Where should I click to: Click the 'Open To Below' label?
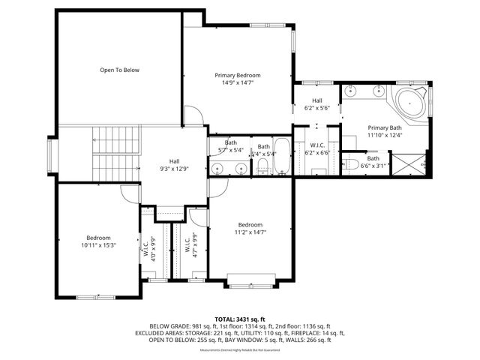(120, 70)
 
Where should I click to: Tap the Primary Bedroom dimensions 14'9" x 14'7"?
(237, 82)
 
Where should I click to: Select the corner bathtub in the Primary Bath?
(409, 102)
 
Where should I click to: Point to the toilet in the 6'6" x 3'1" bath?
(352, 164)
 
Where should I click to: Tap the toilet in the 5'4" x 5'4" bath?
(262, 167)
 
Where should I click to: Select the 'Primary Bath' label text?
(385, 127)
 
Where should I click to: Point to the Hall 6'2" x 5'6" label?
(317, 104)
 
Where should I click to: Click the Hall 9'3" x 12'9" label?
(174, 165)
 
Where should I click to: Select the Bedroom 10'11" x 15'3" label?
(99, 241)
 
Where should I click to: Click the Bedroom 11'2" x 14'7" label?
(250, 229)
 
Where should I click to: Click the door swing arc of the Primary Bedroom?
(192, 115)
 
